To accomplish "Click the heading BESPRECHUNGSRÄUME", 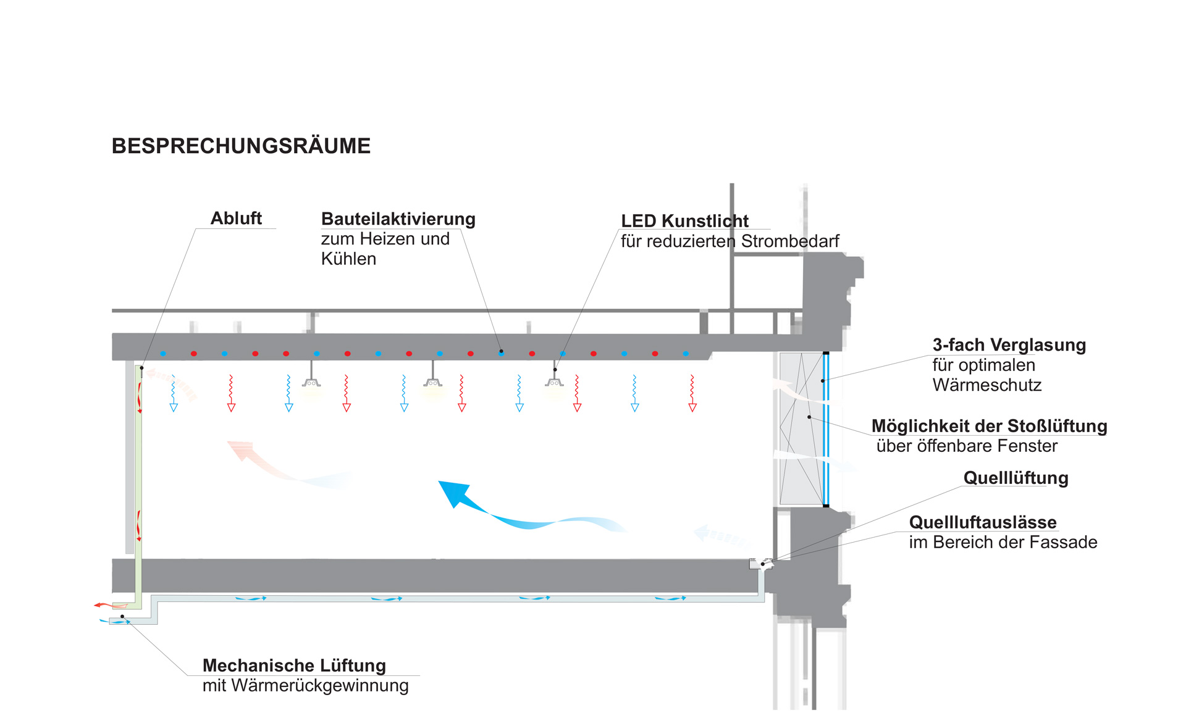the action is click(x=241, y=146).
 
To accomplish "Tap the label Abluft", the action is click(x=236, y=218).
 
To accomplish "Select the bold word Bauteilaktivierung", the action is click(x=398, y=219).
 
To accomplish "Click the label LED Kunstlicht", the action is click(x=684, y=220).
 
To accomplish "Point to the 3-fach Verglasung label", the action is click(x=1009, y=345).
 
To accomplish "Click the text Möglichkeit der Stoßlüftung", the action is click(x=989, y=426).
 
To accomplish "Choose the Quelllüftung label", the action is click(x=1016, y=478).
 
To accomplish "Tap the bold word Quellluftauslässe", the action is click(x=983, y=522).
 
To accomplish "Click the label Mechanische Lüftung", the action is click(x=294, y=665).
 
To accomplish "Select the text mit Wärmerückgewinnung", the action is click(x=305, y=685).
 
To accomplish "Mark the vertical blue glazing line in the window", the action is click(x=826, y=430).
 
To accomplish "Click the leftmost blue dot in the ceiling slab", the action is click(x=163, y=354).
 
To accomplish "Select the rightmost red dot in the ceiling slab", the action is click(x=655, y=354).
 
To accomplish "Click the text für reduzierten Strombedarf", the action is click(x=730, y=241).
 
